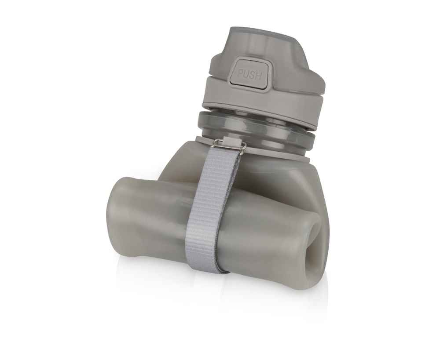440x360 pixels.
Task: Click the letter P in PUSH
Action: click(241, 74)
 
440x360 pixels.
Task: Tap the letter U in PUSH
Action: click(246, 74)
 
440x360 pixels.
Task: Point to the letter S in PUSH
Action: click(252, 75)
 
